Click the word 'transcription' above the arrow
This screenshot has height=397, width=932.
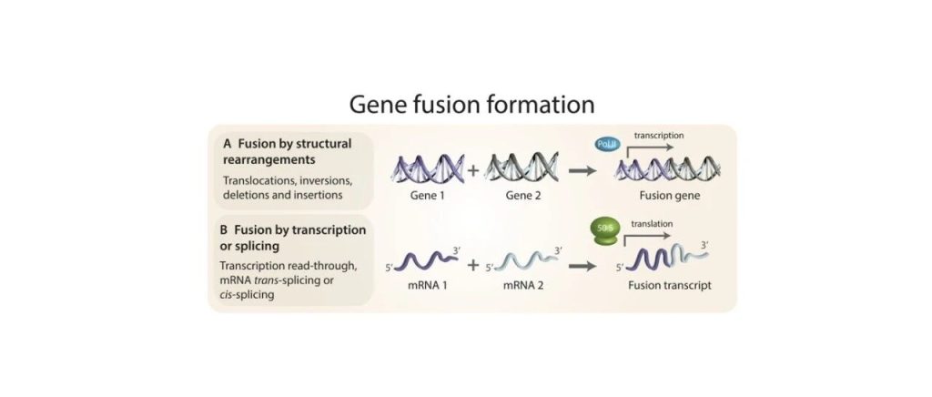pos(659,135)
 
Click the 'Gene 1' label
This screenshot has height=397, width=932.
pos(424,194)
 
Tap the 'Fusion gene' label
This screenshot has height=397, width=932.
pos(668,194)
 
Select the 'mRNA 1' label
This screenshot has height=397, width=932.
pos(424,283)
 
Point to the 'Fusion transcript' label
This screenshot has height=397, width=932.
pos(669,283)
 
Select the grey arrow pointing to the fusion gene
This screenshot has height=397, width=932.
pos(582,169)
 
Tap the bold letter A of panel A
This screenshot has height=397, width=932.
pos(227,143)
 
